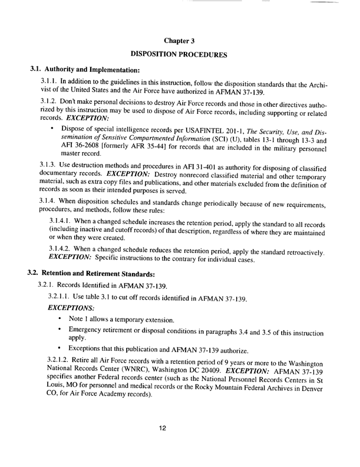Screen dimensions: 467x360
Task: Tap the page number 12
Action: coord(180,443)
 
